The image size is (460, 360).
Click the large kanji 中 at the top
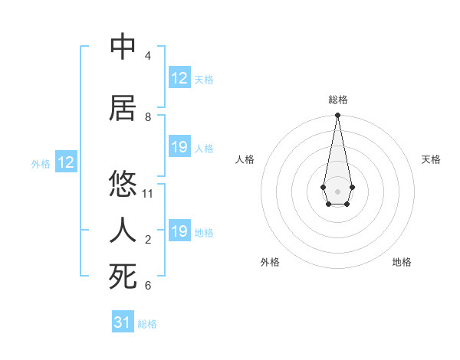coord(123,47)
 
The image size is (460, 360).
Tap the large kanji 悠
coord(123,184)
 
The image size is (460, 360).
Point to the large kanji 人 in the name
coord(123,229)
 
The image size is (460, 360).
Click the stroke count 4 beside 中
coord(147,56)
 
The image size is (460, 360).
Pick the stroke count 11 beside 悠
coord(148,194)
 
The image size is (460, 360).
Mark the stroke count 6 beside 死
coord(147,286)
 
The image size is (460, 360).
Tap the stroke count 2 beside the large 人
coord(147,240)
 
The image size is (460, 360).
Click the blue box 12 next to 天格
coord(179,78)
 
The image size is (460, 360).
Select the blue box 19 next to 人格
coord(179,147)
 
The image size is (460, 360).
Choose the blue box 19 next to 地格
coord(179,231)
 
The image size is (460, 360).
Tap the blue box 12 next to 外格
coord(66,162)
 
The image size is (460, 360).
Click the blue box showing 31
coord(123,322)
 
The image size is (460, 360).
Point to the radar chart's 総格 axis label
coord(337,100)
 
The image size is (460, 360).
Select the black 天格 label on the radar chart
coord(431,159)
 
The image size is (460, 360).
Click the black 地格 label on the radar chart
coord(402,262)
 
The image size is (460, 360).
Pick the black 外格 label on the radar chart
coord(270,262)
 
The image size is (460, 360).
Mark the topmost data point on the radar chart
coord(337,116)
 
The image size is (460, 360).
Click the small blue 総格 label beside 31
coord(147,324)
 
